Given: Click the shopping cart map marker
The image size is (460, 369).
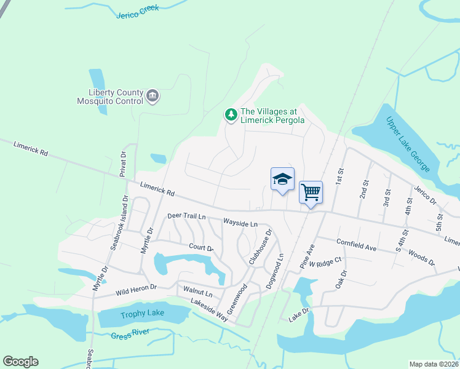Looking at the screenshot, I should pos(311,192).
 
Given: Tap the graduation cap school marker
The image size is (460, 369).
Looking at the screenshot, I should pos(282,180).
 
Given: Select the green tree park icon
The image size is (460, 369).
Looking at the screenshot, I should pos(231,114).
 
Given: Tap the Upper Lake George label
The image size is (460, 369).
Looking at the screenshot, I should pos(402,138).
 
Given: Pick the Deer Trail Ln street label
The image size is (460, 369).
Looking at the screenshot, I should pos(186,216).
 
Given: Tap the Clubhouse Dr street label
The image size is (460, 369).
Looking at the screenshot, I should pos(260,247).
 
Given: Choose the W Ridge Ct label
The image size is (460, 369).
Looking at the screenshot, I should pos(325,263).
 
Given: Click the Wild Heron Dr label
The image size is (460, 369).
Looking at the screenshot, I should pos(137,287).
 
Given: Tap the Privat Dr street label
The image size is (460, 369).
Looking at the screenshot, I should pos(122,165).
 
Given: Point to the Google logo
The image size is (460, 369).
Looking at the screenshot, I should pos(20,362).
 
